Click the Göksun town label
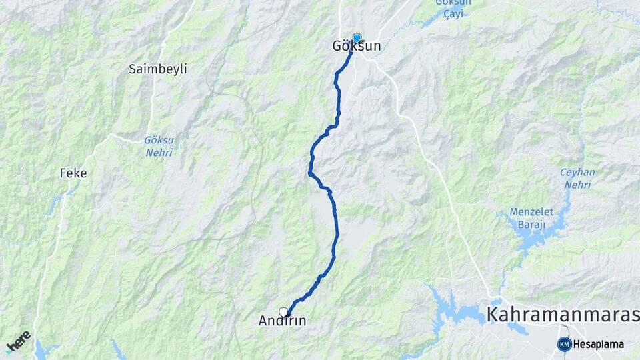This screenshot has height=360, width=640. [x=357, y=47]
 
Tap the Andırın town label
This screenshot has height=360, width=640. [x=282, y=321]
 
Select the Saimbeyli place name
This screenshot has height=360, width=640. [x=159, y=69]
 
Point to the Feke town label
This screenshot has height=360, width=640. [x=73, y=173]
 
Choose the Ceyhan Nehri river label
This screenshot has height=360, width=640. [x=577, y=178]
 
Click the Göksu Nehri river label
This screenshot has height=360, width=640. [x=158, y=147]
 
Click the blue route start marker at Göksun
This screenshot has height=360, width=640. [x=357, y=38]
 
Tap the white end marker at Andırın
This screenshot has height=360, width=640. [x=283, y=311]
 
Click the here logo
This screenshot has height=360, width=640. [x=18, y=341]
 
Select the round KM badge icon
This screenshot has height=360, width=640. [x=565, y=344]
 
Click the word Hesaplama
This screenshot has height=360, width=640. [x=599, y=344]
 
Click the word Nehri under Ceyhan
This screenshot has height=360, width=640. [x=577, y=185]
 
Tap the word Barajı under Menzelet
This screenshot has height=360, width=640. [x=531, y=225]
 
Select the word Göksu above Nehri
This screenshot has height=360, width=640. [x=158, y=141]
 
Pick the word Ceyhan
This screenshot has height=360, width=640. [x=577, y=172]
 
